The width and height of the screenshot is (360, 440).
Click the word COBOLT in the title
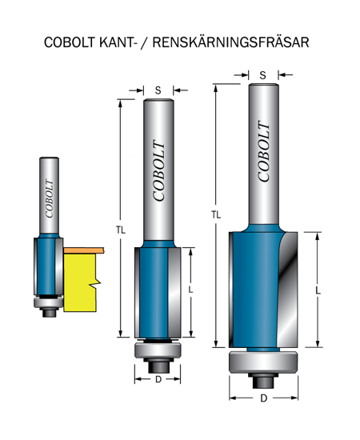[x=70, y=42]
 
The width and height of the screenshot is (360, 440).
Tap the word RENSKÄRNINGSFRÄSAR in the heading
[x=230, y=42]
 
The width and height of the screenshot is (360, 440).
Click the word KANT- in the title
[x=117, y=42]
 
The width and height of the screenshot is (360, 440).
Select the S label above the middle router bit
[x=158, y=90]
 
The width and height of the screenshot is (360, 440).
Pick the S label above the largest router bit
[x=263, y=75]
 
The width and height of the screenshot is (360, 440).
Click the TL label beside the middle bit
[x=121, y=230]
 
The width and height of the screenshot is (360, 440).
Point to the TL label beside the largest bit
[x=216, y=215]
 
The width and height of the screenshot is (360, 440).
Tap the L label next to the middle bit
[x=191, y=290]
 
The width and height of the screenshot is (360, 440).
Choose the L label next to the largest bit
[x=318, y=290]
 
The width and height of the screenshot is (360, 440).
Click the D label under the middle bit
[x=158, y=379]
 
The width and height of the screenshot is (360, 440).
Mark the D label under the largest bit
[x=263, y=398]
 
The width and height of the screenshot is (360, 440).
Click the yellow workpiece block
[x=80, y=282]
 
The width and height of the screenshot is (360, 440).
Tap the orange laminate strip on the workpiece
[x=84, y=250]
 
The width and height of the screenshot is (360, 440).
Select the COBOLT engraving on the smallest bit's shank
[x=50, y=198]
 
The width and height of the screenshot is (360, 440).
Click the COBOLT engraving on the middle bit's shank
[x=159, y=171]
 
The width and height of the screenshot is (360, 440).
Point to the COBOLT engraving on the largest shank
[x=264, y=151]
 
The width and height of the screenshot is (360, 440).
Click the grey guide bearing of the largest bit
[x=263, y=362]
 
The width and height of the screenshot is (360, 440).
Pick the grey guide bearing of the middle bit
[x=158, y=350]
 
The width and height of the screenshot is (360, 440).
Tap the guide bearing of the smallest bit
[x=49, y=302]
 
